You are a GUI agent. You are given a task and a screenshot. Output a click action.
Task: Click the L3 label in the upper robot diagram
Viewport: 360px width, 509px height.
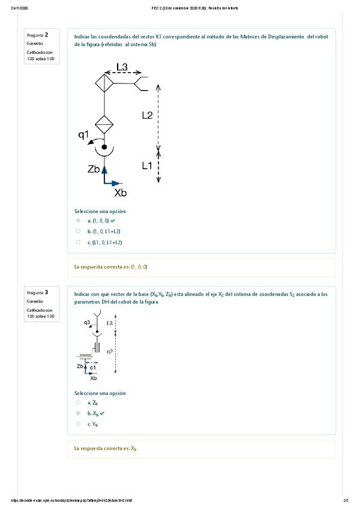[x=121, y=67]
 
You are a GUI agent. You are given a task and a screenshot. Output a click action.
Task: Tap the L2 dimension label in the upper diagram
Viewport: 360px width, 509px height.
[x=147, y=115]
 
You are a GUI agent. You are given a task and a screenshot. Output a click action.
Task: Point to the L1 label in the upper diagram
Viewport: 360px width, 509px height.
[x=147, y=166]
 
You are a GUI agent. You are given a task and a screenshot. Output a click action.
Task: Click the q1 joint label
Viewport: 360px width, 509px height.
[x=83, y=135]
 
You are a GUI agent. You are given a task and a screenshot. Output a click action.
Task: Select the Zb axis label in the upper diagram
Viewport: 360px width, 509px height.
[x=93, y=170]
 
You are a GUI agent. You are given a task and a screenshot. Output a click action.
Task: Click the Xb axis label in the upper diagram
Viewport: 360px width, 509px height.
[x=120, y=193]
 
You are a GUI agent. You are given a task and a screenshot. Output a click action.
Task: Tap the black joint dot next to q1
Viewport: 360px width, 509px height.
[x=104, y=146]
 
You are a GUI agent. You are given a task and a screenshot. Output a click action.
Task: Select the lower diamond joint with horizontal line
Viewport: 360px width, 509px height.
[x=104, y=126]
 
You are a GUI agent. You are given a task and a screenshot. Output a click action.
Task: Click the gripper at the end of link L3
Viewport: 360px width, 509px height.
[x=142, y=83]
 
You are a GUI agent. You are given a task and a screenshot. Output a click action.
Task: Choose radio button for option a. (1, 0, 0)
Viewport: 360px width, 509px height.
[x=78, y=221]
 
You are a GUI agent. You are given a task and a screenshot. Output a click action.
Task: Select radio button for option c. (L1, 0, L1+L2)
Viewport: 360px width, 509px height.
[x=78, y=242]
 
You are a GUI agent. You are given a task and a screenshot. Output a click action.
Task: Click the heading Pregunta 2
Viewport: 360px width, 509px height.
[x=38, y=35]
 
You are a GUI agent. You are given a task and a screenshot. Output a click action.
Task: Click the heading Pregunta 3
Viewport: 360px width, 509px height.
[x=38, y=292]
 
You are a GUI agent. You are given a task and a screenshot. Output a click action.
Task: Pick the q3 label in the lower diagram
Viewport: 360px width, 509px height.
[x=87, y=322]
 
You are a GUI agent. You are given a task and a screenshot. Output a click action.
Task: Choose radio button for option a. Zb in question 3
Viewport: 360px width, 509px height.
[x=78, y=403]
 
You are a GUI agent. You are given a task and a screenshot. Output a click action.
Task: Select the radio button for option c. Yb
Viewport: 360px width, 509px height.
[x=78, y=424]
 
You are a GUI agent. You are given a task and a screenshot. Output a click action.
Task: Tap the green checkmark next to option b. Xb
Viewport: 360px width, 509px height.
[x=102, y=414]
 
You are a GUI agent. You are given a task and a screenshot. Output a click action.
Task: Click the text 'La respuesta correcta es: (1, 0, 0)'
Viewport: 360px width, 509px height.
[x=110, y=267]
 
